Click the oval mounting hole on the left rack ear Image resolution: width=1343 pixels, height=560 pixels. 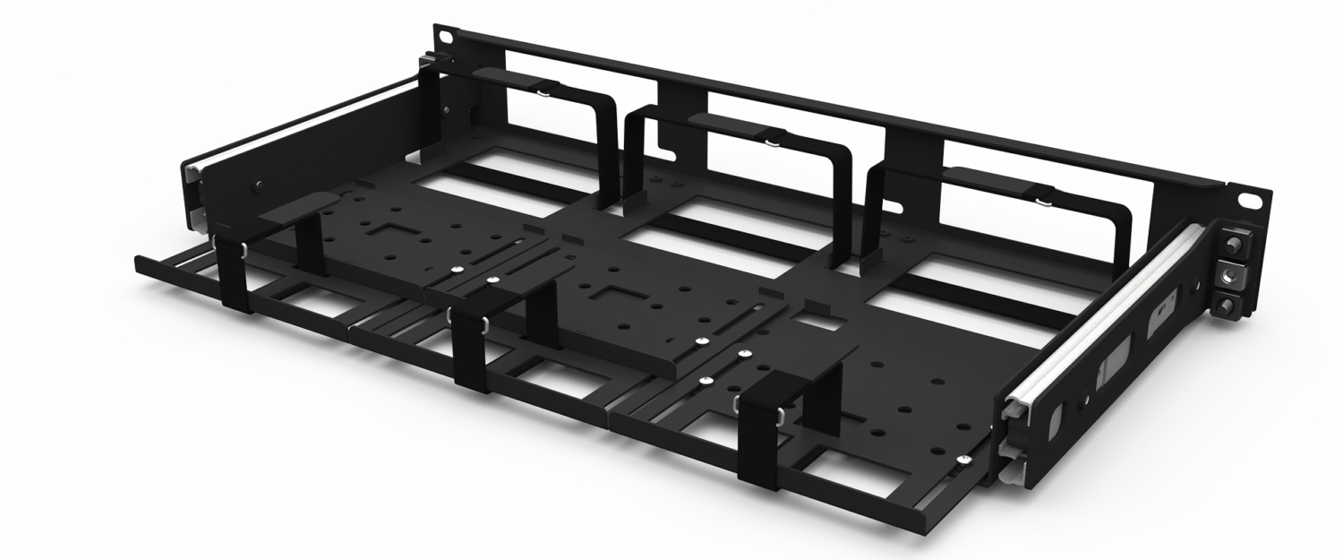445,37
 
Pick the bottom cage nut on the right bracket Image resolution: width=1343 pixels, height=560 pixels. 1227,304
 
